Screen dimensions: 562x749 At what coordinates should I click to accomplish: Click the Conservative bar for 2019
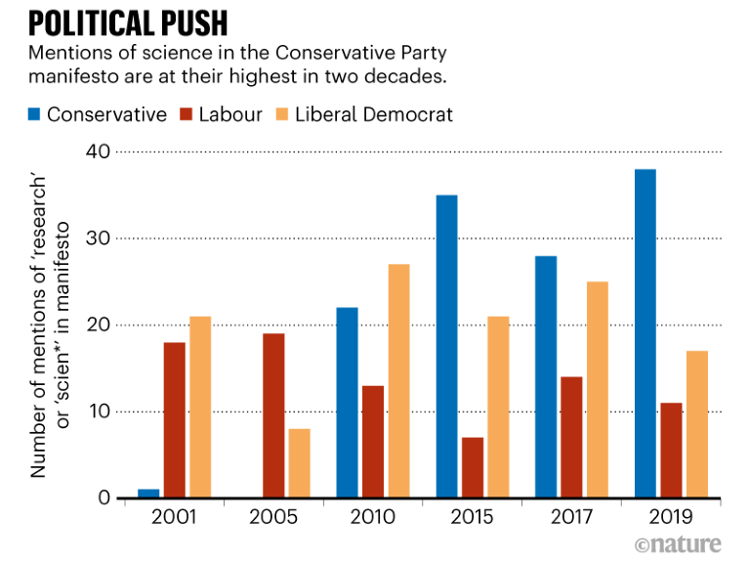(645, 333)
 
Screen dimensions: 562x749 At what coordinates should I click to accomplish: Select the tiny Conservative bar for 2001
(149, 494)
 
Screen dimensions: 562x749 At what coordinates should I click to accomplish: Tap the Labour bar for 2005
(273, 415)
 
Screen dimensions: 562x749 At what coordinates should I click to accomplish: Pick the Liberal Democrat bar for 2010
(397, 381)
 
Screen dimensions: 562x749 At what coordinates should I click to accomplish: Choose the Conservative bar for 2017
(545, 376)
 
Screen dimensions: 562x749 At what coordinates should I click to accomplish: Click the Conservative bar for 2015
(446, 346)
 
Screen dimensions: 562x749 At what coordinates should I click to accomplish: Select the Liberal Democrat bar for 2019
(695, 424)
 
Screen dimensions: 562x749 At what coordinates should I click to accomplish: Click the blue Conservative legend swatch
(35, 115)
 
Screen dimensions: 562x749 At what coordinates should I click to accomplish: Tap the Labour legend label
(230, 115)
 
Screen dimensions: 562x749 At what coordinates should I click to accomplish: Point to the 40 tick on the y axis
(97, 151)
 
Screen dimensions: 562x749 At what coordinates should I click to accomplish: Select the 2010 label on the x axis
(372, 517)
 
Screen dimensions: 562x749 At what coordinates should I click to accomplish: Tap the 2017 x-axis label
(570, 517)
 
